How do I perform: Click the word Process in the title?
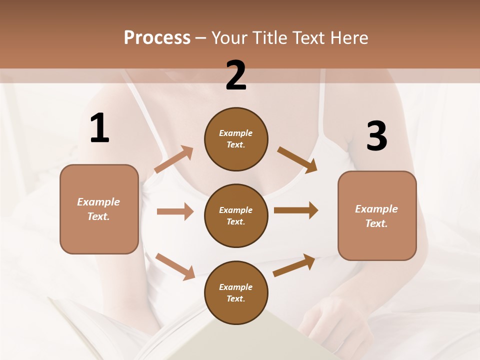click(x=157, y=37)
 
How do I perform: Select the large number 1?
click(x=99, y=128)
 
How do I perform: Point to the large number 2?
click(x=236, y=76)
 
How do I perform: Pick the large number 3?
click(x=376, y=136)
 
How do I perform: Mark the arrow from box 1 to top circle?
click(x=174, y=159)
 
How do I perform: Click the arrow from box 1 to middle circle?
click(x=175, y=211)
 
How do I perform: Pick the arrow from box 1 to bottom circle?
click(x=175, y=266)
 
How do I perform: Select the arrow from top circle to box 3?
click(x=297, y=160)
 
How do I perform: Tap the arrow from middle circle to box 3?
click(x=296, y=210)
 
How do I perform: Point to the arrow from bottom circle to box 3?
click(x=294, y=265)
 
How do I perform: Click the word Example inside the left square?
click(x=98, y=202)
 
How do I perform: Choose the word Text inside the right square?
click(x=376, y=223)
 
